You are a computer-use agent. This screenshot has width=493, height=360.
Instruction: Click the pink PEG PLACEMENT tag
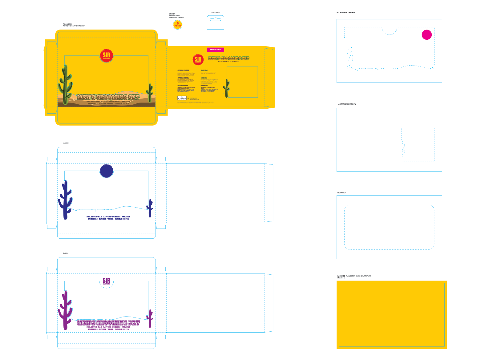216,50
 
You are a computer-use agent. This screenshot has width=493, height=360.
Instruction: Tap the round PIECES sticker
178,25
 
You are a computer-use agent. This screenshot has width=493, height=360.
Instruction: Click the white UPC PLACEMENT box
182,98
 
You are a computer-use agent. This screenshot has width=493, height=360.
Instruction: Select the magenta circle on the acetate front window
426,35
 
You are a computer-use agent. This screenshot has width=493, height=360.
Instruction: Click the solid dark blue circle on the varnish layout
107,171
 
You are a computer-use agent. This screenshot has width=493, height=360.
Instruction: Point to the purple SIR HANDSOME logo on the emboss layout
106,281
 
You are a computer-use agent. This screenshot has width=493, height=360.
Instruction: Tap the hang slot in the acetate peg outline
215,19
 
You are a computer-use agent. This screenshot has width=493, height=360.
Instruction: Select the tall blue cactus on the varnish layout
65,200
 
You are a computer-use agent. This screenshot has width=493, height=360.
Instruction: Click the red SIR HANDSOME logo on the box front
107,56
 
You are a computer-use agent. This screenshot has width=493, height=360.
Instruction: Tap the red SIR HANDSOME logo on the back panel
198,59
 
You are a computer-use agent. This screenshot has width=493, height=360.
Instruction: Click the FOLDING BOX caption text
67,24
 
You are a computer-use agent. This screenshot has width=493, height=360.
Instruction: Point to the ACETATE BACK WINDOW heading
347,104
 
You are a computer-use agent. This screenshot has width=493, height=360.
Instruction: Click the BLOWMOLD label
341,193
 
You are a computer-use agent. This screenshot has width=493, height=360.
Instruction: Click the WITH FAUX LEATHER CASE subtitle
228,62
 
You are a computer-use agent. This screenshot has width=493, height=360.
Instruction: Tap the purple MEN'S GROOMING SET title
108,322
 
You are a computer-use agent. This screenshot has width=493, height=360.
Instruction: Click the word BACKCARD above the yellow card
341,276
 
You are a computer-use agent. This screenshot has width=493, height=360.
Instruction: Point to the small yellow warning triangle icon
188,98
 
